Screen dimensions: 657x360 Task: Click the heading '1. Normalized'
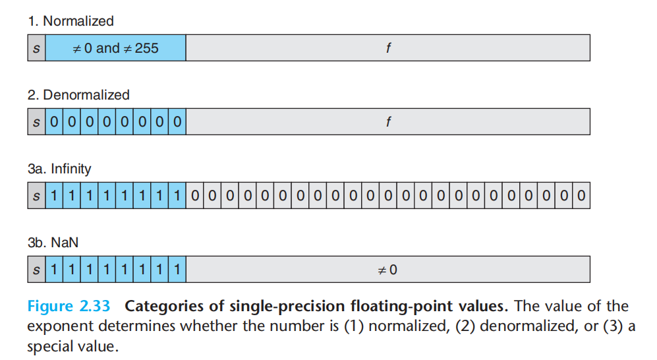coord(71,21)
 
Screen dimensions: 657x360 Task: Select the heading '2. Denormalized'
coord(78,95)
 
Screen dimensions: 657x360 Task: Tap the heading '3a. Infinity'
coord(59,169)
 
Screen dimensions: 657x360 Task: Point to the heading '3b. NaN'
coord(53,242)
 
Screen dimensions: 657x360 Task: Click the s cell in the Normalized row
coord(36,47)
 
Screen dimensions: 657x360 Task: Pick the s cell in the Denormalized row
coord(36,121)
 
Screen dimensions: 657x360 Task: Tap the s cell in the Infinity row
coord(36,195)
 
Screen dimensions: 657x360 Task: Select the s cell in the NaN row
coord(36,269)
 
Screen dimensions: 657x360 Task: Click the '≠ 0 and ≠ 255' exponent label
coord(115,48)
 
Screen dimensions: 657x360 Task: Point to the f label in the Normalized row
coord(388,47)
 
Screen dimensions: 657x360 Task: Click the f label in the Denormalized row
coord(388,121)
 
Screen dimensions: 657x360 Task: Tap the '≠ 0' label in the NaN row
coord(387,270)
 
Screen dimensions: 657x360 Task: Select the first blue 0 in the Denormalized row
coord(54,121)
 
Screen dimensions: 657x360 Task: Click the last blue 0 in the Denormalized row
coord(177,121)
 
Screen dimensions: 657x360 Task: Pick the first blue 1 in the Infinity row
coord(54,195)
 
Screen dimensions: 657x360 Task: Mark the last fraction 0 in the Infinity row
coord(581,195)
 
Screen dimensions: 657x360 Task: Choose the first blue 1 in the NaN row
coord(54,269)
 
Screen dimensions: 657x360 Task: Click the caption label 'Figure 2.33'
coord(69,306)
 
